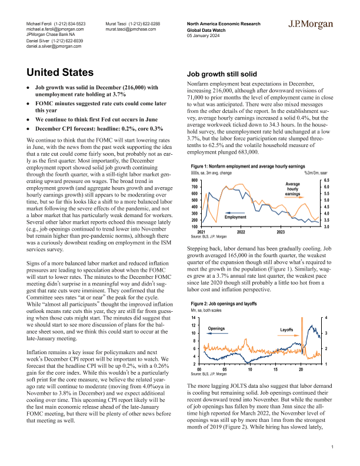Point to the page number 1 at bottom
click(332, 448)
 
